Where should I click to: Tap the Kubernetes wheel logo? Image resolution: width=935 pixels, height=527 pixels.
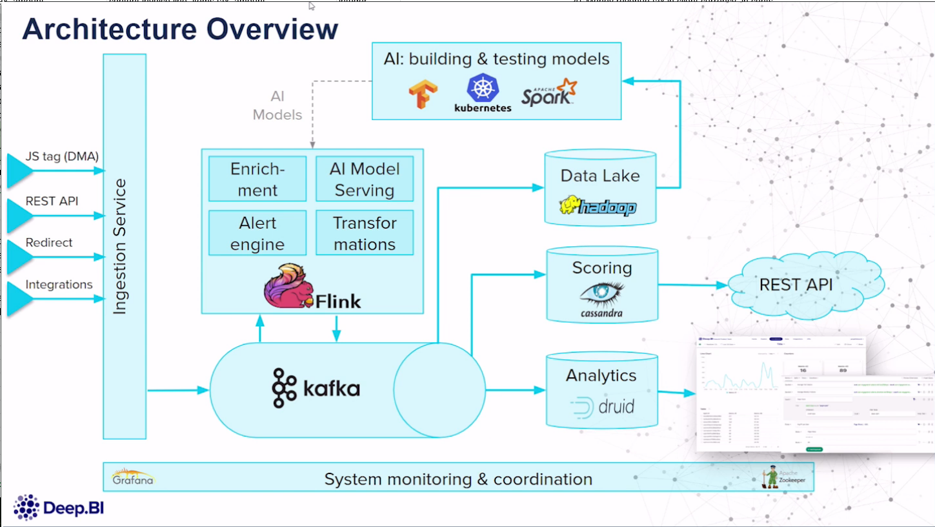pyautogui.click(x=483, y=88)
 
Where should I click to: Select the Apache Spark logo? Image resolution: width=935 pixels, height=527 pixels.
pyautogui.click(x=548, y=92)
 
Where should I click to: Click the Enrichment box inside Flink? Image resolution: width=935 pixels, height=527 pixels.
pyautogui.click(x=257, y=179)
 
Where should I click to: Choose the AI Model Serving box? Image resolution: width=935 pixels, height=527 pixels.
pyautogui.click(x=365, y=179)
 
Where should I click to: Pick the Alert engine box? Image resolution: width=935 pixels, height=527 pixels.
pyautogui.click(x=257, y=233)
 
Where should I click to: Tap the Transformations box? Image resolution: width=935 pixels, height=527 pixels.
pyautogui.click(x=365, y=233)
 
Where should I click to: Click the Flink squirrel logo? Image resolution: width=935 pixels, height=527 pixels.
pyautogui.click(x=287, y=286)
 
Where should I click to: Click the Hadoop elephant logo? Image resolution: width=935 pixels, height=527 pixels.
pyautogui.click(x=598, y=206)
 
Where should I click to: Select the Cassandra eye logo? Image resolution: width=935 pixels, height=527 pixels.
pyautogui.click(x=602, y=294)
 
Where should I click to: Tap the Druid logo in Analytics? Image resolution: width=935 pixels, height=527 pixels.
pyautogui.click(x=602, y=408)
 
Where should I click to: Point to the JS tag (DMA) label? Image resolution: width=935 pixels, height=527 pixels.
pyautogui.click(x=62, y=157)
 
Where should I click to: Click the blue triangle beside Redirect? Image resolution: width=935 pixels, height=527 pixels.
pyautogui.click(x=19, y=257)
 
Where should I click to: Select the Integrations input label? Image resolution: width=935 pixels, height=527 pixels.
pyautogui.click(x=59, y=285)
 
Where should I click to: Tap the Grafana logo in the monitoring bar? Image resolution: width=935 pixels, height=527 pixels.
pyautogui.click(x=132, y=477)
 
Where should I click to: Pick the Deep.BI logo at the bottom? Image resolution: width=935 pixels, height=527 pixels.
pyautogui.click(x=59, y=508)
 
